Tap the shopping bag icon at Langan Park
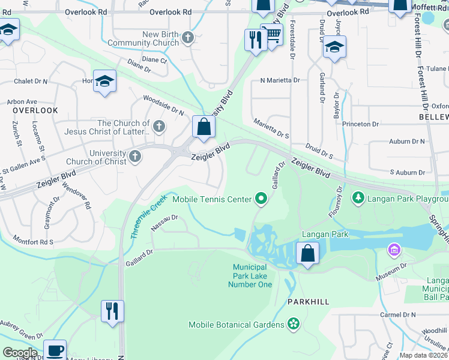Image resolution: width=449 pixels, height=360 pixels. tap(307, 254)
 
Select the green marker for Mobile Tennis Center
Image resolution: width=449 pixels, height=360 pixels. tap(261, 197)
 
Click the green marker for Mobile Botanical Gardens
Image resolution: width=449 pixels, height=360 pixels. tap(293, 325)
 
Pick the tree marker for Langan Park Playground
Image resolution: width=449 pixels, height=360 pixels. tap(358, 197)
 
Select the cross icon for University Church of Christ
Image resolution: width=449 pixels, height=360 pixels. tap(136, 157)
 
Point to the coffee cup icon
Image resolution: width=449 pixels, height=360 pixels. tap(55, 350)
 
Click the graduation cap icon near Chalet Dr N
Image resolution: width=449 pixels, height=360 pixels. tap(104, 82)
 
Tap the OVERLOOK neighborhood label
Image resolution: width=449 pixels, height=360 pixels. tap(35, 110)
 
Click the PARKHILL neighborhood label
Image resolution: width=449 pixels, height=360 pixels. tap(308, 302)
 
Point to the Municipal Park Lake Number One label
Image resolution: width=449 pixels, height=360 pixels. tap(250, 275)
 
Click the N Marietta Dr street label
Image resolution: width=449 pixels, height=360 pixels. tap(280, 80)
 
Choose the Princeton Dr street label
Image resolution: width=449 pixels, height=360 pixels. tap(360, 124)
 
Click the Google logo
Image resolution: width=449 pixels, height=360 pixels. tap(20, 353)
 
